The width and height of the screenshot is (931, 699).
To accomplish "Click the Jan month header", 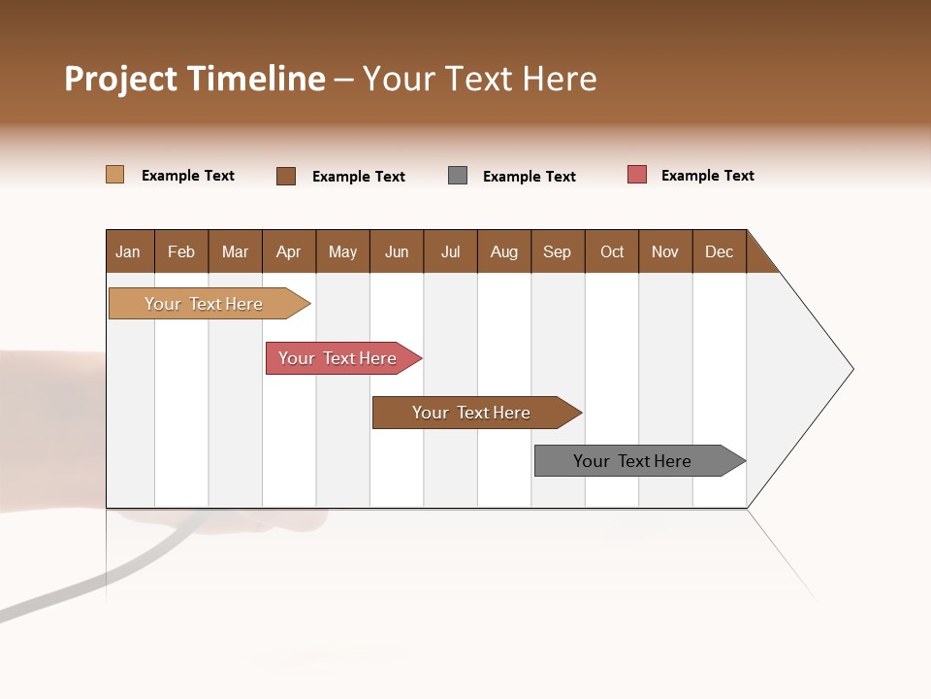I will tap(129, 251).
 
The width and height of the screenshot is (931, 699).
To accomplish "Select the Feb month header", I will tap(181, 251).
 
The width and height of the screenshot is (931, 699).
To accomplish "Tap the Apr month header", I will tap(289, 251).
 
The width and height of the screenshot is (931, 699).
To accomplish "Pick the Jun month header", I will tap(397, 251).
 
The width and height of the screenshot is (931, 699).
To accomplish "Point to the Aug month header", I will tap(504, 251).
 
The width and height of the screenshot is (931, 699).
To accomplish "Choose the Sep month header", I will tap(558, 251).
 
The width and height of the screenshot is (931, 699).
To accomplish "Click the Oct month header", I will tap(612, 251).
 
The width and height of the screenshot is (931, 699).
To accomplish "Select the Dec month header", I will tap(720, 251).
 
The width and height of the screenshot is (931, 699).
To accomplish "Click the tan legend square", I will tap(114, 175).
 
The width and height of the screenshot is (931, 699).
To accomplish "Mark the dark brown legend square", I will tap(285, 176).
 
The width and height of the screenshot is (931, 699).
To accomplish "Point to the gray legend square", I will tap(458, 175).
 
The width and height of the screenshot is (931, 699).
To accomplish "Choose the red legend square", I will tap(636, 175).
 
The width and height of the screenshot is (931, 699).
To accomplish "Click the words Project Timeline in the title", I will tap(194, 79).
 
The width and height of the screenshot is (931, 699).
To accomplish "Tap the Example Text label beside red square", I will tap(707, 176).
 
